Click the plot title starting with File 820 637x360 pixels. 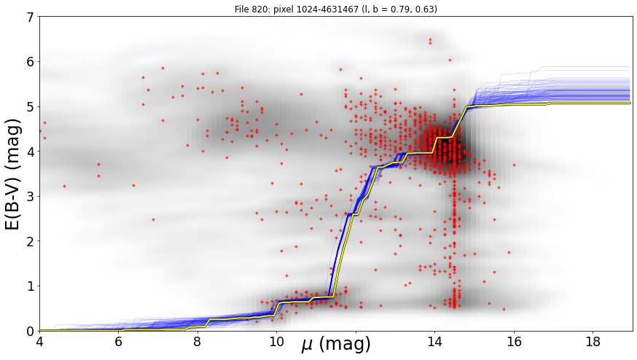click(x=335, y=9)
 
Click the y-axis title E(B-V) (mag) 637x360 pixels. click(x=13, y=174)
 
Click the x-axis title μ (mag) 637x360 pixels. click(x=336, y=344)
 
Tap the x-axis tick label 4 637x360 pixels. click(x=39, y=342)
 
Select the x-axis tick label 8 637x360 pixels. click(x=198, y=342)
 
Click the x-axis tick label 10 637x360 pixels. click(x=277, y=342)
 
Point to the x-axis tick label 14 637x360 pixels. click(x=434, y=342)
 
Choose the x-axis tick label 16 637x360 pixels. click(x=514, y=342)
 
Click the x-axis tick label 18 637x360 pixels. click(x=593, y=342)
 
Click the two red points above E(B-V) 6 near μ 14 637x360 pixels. click(x=430, y=42)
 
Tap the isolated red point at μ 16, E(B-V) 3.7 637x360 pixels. click(x=514, y=165)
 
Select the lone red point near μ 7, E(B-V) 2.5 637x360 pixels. click(x=153, y=219)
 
